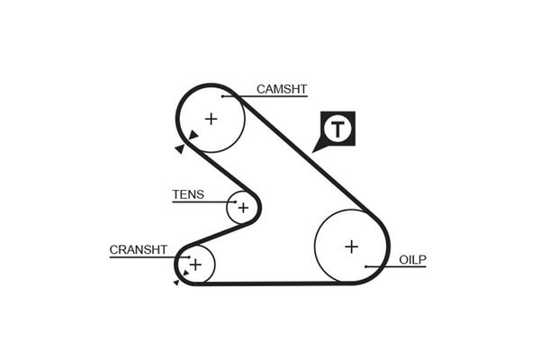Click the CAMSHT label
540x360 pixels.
(282, 89)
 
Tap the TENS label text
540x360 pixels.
(188, 194)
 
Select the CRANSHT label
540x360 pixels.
(139, 249)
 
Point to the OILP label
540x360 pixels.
(412, 260)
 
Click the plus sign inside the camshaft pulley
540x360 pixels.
(211, 118)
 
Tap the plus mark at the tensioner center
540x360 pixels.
(242, 207)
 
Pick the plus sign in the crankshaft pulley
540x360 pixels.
(195, 264)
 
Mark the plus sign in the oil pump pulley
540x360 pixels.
(351, 246)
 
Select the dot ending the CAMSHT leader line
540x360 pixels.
(221, 95)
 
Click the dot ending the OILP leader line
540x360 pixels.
(366, 266)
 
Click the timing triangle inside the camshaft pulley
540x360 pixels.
(193, 136)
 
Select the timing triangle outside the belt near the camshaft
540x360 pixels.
(179, 149)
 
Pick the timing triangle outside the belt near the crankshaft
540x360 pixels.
(176, 283)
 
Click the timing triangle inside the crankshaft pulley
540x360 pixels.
(185, 271)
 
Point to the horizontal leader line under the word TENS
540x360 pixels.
(203, 202)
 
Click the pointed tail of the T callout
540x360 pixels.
(316, 148)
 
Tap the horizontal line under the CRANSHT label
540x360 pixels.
(148, 256)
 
